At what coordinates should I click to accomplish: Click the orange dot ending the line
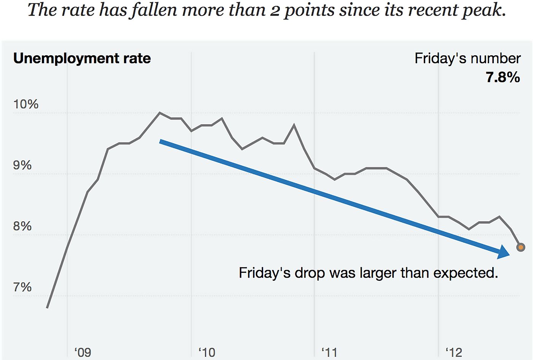[x=521, y=247]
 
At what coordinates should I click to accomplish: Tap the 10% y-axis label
[x=26, y=104]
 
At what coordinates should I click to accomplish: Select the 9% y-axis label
[x=22, y=165]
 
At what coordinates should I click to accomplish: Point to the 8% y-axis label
[x=22, y=226]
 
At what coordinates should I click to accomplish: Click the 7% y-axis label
[x=22, y=287]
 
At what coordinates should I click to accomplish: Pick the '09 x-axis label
[x=83, y=352]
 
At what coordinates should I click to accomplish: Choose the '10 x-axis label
[x=207, y=352]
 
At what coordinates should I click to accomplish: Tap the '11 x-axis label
[x=329, y=352]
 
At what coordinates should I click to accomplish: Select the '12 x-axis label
[x=454, y=352]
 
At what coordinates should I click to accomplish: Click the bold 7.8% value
[x=503, y=77]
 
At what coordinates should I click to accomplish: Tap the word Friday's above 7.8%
[x=438, y=58]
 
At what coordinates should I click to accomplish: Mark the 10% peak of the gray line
[x=160, y=113]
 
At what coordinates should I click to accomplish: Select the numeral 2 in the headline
[x=275, y=11]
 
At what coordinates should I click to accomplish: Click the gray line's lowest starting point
[x=47, y=307]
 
